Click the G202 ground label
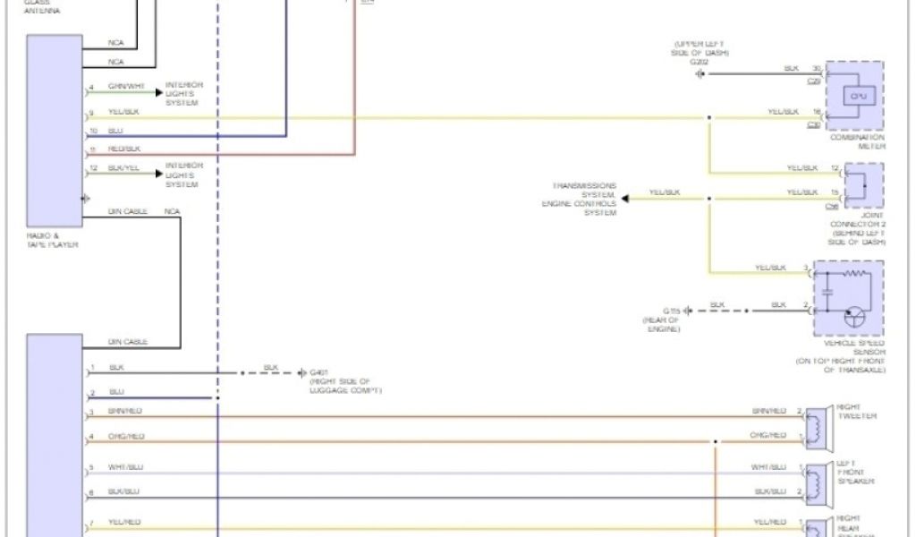tap(699, 62)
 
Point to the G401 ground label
tap(318, 371)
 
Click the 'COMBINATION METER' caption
tap(857, 141)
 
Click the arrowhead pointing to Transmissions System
tap(624, 197)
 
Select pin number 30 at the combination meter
tap(815, 68)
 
